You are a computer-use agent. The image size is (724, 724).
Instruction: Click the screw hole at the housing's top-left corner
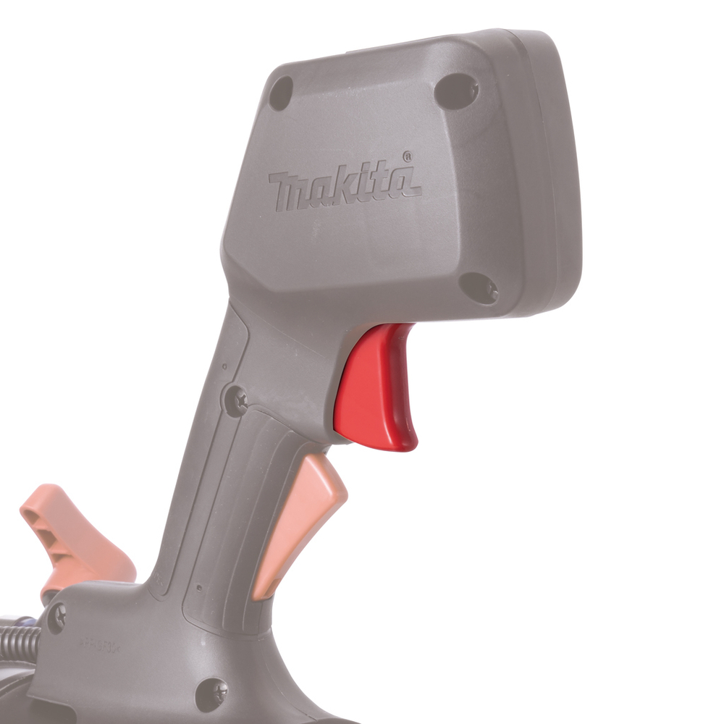coord(281,93)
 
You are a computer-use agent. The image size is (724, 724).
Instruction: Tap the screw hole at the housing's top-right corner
coord(456,90)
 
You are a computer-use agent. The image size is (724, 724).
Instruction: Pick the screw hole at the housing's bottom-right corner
coord(479,288)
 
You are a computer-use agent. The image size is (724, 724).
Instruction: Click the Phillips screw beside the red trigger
coord(236,399)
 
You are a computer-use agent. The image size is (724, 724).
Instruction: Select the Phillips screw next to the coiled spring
coord(56,617)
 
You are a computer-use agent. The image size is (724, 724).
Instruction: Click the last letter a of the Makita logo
coord(405,182)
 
